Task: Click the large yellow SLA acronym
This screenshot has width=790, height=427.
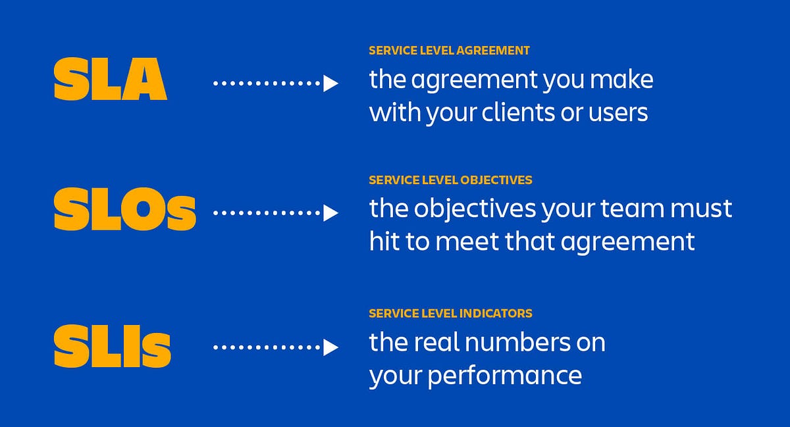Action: point(110,80)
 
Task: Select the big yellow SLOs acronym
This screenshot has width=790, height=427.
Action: point(124,211)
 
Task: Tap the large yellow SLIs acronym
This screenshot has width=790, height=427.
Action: point(112,347)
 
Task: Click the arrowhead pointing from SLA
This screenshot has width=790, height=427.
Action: point(330,84)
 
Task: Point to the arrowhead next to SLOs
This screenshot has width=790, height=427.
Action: point(330,213)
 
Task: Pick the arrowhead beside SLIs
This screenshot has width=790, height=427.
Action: point(330,347)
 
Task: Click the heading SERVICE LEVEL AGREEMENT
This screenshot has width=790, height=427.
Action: point(449,51)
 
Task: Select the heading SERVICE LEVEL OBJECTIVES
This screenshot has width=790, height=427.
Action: point(450,180)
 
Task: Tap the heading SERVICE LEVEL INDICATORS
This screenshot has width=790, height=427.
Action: point(450,313)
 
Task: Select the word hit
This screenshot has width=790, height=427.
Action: point(383,241)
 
